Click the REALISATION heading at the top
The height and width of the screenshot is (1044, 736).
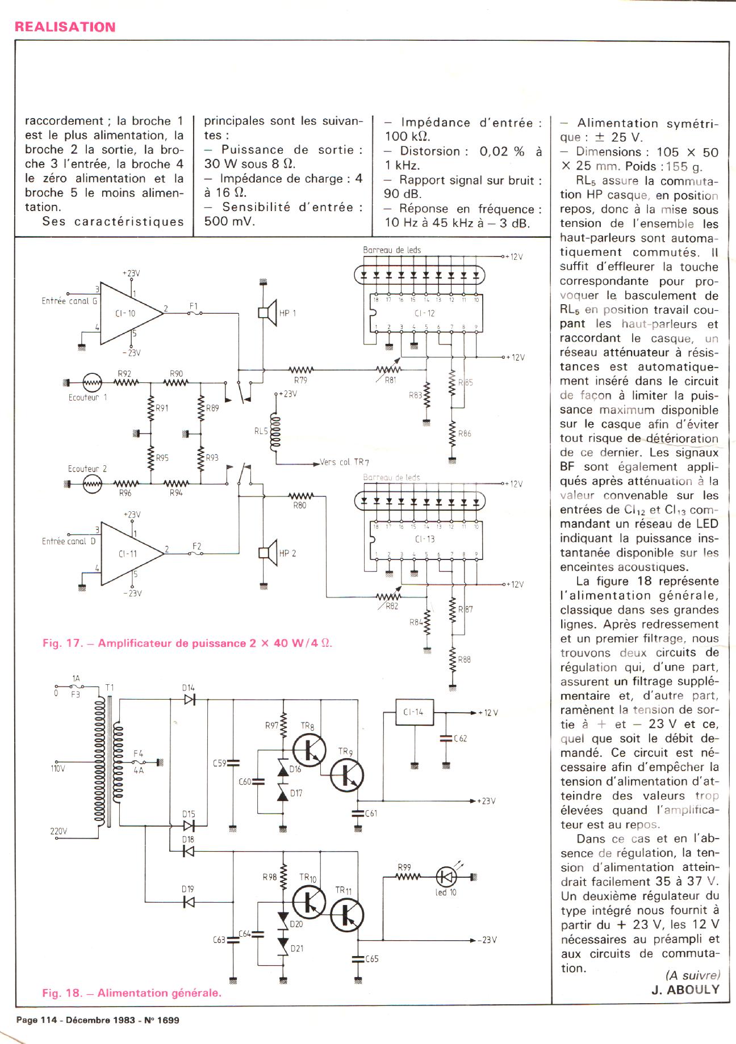tap(65, 27)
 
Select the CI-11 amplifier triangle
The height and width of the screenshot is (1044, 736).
tap(129, 553)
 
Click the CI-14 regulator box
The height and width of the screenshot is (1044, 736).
tap(415, 712)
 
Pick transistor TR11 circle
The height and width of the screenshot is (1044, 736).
tap(346, 915)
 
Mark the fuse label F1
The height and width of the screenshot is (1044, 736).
tap(194, 307)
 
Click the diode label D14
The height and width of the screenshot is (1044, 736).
tap(189, 688)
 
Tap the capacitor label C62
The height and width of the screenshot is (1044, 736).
tap(460, 739)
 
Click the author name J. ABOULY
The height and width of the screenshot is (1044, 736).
tap(685, 990)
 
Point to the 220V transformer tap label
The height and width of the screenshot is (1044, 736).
tap(58, 832)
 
